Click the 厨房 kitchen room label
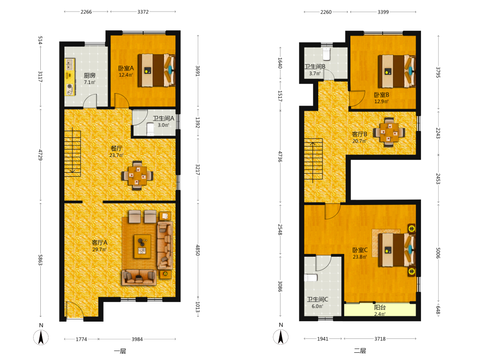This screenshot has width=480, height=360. point(90,75)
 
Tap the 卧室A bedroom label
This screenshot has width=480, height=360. point(126,68)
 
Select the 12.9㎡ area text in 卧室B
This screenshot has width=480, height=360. point(382,101)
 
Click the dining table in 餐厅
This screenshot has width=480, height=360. point(137,176)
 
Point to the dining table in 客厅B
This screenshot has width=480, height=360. point(389,132)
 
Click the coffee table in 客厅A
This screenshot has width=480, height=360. point(143,246)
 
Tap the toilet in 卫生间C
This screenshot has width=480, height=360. point(311,277)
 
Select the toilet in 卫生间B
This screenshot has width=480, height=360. point(326,54)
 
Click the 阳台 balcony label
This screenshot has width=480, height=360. point(380,307)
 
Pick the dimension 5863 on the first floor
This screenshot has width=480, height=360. point(40,260)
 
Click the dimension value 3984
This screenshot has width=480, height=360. point(137,339)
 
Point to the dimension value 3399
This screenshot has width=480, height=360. point(383,12)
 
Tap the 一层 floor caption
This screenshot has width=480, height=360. point(120,351)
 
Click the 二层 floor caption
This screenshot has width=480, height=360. point(360,351)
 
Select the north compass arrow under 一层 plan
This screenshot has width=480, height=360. point(41,337)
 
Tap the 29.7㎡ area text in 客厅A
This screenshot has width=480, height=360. point(99,250)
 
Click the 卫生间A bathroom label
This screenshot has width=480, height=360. point(164,119)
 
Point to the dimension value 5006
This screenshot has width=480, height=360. point(438,253)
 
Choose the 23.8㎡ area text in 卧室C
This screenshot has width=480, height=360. point(360,257)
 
